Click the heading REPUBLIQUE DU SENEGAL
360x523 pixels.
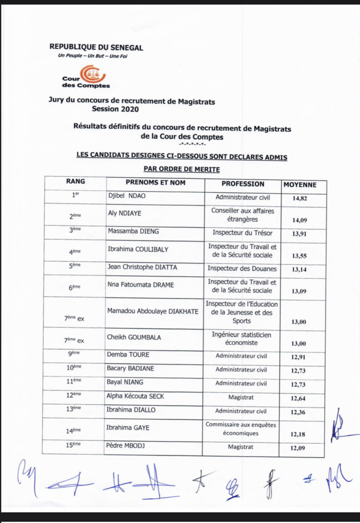tap(96, 48)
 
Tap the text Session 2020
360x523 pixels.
tap(115, 109)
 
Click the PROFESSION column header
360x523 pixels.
tap(243, 184)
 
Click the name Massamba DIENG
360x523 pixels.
tap(129, 232)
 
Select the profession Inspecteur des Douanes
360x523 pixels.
tap(242, 268)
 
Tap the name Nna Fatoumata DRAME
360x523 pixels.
tap(141, 285)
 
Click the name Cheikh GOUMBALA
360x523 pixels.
tap(134, 338)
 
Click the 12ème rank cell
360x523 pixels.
tap(75, 396)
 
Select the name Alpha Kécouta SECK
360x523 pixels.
tap(136, 396)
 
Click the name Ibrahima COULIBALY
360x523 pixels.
tap(138, 249)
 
